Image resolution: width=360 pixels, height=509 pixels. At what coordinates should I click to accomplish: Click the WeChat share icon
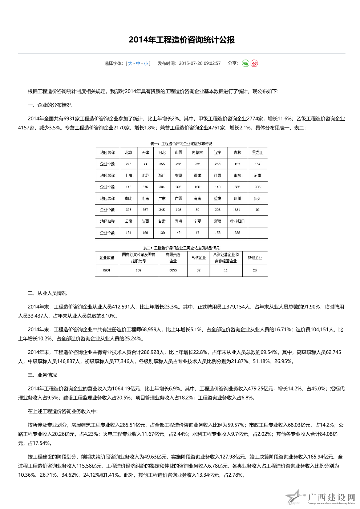tap(246, 64)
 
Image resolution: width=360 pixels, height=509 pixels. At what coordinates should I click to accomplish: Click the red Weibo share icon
tap(254, 64)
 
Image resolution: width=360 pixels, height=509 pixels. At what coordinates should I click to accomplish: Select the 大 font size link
tap(130, 64)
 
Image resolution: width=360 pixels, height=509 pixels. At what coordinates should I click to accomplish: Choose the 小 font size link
tap(146, 64)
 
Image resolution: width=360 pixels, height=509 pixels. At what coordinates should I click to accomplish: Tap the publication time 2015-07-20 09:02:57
tap(199, 64)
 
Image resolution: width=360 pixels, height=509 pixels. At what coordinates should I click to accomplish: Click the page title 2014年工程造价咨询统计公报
tap(182, 40)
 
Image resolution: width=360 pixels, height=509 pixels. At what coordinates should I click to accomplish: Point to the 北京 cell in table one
tap(129, 153)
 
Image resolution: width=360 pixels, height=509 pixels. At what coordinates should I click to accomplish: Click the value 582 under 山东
tap(237, 187)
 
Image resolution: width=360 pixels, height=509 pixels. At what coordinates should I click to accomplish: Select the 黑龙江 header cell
tap(258, 153)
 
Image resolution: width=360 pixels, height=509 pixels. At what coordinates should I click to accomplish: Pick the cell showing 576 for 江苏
tap(145, 187)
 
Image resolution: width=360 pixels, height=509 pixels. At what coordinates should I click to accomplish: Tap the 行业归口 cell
tap(237, 221)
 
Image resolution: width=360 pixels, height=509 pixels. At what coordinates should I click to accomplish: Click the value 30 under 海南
tap(197, 210)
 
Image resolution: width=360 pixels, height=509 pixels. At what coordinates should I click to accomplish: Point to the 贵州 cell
tap(258, 199)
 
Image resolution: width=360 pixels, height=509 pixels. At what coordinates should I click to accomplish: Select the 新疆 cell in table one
tap(218, 221)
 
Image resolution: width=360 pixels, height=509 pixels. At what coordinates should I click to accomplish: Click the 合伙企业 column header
tap(198, 258)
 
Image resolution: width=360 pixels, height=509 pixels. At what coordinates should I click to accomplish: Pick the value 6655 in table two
tap(173, 270)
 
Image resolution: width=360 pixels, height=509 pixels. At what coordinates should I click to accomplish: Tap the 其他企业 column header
tap(255, 258)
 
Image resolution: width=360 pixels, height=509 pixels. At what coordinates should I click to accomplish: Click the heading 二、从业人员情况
tap(47, 293)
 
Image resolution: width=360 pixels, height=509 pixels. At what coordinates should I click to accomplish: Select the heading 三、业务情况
tap(43, 375)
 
